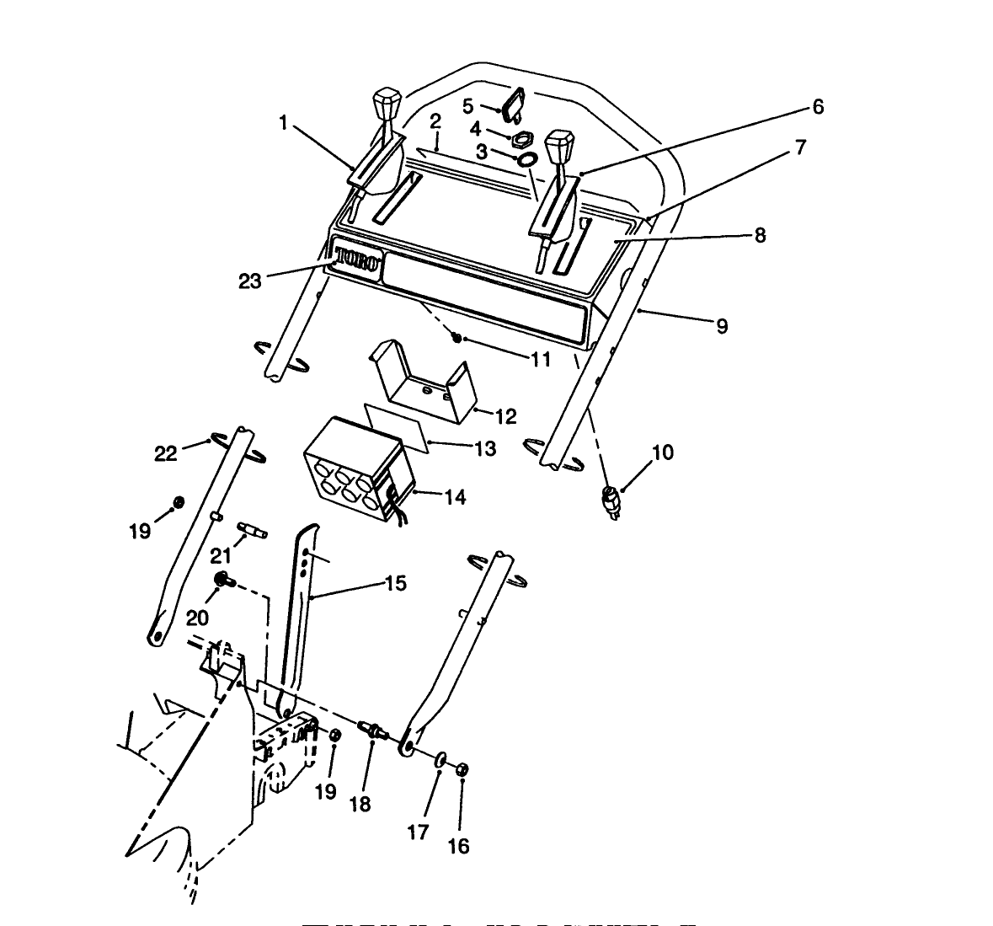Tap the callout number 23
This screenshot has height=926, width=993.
[x=250, y=281]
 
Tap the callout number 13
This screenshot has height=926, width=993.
[x=485, y=449]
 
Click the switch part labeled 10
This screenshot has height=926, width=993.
[x=612, y=499]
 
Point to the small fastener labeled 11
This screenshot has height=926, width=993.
[x=457, y=337]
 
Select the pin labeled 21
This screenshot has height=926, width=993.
[x=254, y=530]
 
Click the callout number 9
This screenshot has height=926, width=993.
[x=722, y=326]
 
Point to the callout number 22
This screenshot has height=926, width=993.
[x=166, y=452]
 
